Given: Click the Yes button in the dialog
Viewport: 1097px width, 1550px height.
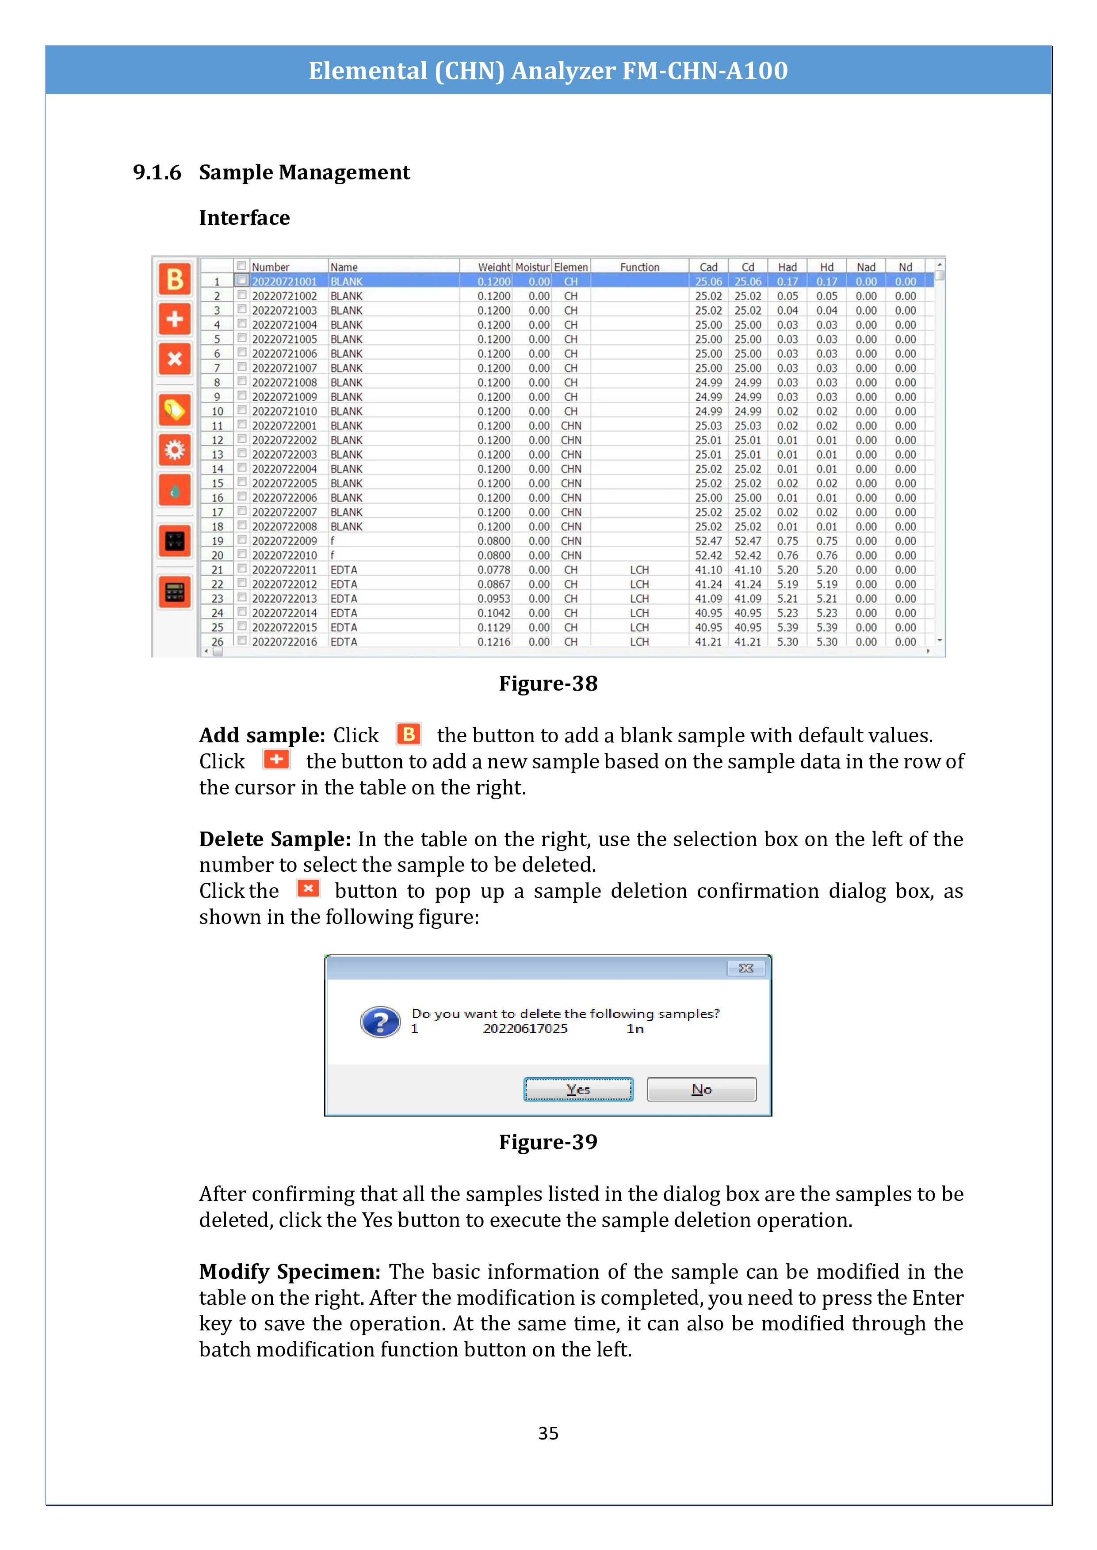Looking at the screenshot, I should [x=578, y=1089].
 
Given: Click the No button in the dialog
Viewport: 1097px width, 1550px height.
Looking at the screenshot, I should [x=701, y=1089].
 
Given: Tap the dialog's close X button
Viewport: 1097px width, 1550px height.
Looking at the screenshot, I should [x=746, y=968].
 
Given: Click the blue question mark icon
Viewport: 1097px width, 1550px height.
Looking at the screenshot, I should [x=380, y=1022].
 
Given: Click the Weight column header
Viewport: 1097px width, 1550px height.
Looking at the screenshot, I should [x=494, y=267].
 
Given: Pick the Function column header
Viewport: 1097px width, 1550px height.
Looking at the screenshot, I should [x=639, y=267].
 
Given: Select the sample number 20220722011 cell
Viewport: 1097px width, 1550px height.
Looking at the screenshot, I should [x=284, y=570].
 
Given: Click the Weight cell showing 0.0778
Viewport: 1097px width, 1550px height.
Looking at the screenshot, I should [x=494, y=570].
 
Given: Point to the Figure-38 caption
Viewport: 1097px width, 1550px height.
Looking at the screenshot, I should [x=548, y=683].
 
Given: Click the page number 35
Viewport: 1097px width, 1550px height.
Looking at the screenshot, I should [x=548, y=1432].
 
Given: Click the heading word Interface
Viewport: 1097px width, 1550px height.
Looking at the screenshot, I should [x=244, y=218].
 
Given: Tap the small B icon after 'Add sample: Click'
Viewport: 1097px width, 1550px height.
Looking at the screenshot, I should [x=409, y=734].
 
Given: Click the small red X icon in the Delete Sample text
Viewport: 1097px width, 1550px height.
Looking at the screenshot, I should [x=309, y=889].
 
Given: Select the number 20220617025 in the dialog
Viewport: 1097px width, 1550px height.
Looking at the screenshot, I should [x=525, y=1029].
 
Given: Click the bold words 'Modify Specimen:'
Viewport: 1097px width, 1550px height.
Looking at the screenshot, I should [x=290, y=1271].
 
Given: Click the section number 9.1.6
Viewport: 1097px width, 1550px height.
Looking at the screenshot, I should [x=157, y=173].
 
